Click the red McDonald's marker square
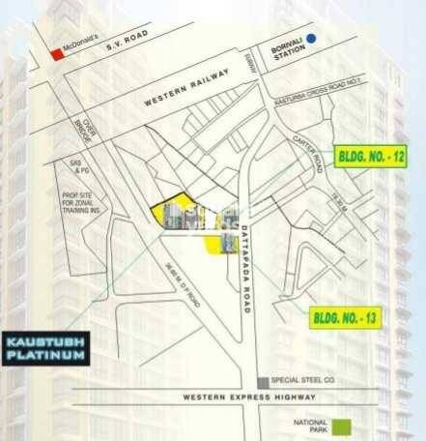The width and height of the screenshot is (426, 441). point(59,56)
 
